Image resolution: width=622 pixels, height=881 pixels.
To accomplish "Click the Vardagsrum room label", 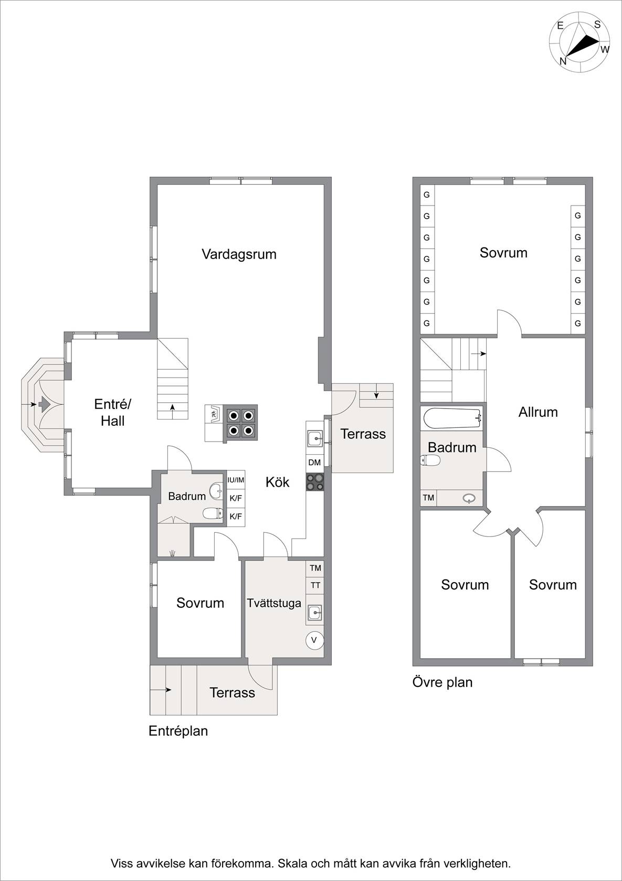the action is [x=239, y=254].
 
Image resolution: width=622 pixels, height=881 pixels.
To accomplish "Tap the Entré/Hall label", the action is [x=112, y=412].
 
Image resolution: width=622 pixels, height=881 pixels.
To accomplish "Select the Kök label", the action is [x=278, y=482].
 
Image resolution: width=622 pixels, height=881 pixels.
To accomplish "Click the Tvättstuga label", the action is [x=274, y=603].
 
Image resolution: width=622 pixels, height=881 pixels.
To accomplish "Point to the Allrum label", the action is [x=538, y=412].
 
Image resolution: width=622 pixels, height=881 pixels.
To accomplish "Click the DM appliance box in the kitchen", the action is [x=314, y=463].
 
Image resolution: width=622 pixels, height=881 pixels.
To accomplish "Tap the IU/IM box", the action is [x=236, y=480].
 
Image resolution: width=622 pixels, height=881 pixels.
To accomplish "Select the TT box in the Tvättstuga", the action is [x=315, y=585].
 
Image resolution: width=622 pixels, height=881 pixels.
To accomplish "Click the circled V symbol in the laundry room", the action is [x=314, y=640].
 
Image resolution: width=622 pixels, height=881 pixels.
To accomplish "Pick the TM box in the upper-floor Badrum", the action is [x=428, y=498].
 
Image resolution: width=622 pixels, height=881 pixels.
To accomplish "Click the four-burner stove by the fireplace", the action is [x=240, y=423].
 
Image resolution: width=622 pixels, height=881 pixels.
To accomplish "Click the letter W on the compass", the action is [x=605, y=49].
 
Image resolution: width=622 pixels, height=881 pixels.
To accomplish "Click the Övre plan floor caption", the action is [x=442, y=682].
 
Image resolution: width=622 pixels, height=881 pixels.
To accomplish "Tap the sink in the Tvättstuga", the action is [x=314, y=613].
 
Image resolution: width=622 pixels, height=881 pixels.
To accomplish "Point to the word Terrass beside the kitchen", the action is [x=363, y=434].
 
